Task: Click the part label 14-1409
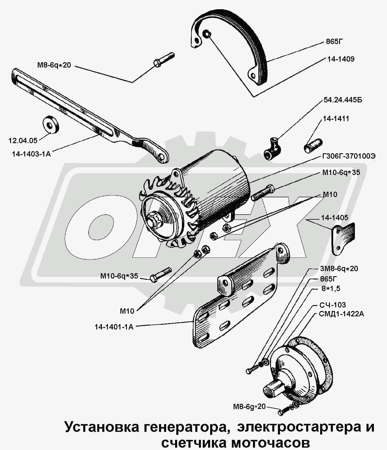pos(341,59)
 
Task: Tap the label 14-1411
pos(336,118)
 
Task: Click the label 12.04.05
pos(23,140)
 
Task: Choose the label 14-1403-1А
pos(31,154)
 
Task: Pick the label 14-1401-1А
pos(114,327)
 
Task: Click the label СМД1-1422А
pos(341,314)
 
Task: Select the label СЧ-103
pos(333,305)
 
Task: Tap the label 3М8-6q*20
pos(339,268)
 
